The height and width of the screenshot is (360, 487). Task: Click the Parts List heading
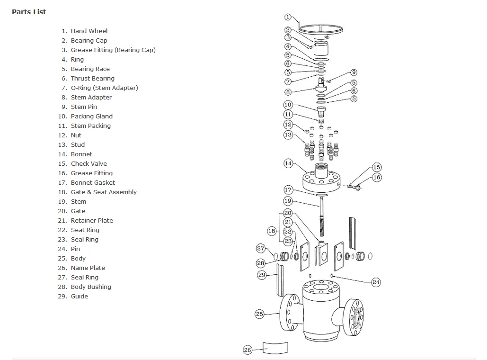click(x=29, y=12)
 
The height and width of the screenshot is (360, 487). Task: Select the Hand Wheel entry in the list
click(x=89, y=31)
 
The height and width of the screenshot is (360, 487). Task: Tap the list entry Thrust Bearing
click(x=92, y=78)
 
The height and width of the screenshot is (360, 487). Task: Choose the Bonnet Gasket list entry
click(x=93, y=182)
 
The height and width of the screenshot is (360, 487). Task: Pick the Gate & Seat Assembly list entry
click(x=104, y=192)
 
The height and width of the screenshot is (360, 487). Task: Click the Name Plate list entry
click(x=88, y=268)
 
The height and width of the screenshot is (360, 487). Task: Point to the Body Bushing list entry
click(x=91, y=287)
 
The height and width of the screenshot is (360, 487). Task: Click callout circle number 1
click(x=288, y=17)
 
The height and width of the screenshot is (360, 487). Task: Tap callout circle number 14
click(x=288, y=163)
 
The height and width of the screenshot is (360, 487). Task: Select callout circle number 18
click(x=272, y=231)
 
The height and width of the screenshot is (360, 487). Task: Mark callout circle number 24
click(x=376, y=282)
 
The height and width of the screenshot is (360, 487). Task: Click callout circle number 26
click(x=248, y=350)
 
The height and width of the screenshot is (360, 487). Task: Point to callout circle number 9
click(x=354, y=72)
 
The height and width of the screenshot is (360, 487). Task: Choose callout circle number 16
click(x=377, y=177)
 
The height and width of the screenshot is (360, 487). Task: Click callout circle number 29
click(x=262, y=275)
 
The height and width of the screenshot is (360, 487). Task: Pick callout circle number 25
click(x=259, y=314)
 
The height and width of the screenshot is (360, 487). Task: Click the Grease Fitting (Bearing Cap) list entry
click(x=113, y=50)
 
